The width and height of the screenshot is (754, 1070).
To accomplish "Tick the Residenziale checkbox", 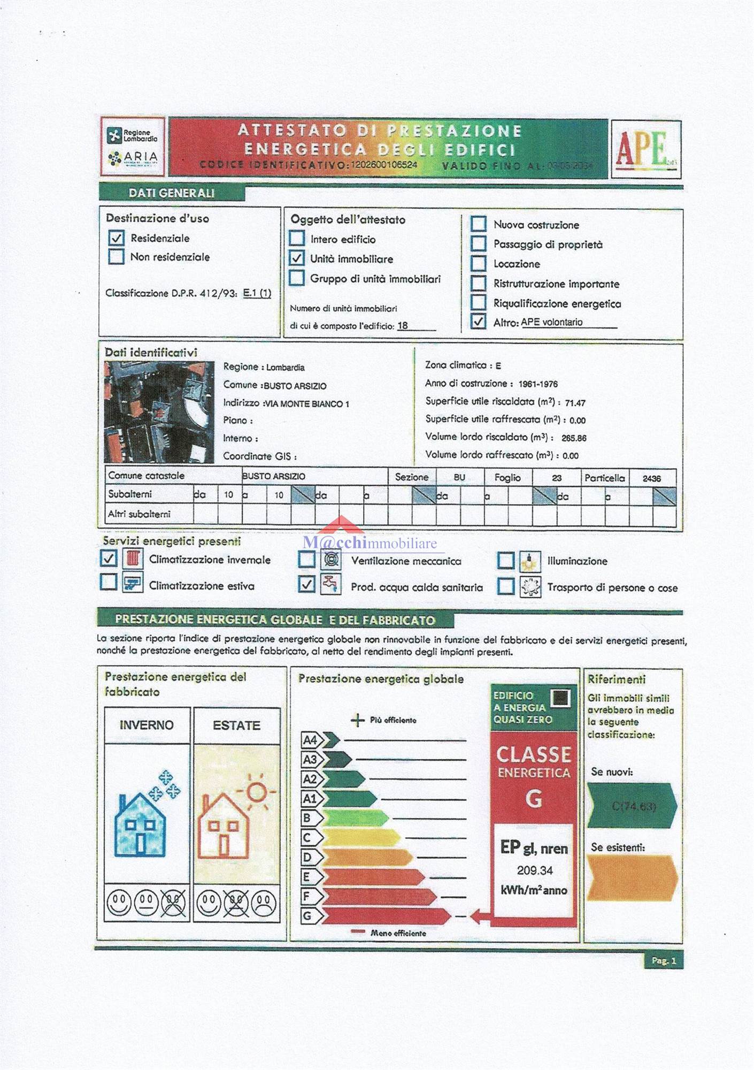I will pyautogui.click(x=116, y=238).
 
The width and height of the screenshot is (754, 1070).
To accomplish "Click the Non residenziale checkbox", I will pyautogui.click(x=116, y=257).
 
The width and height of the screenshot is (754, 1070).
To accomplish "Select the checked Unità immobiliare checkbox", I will pyautogui.click(x=297, y=258).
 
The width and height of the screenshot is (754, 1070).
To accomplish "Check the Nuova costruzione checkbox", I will pyautogui.click(x=478, y=224).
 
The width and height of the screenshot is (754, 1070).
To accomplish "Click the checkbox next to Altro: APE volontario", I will pyautogui.click(x=478, y=322).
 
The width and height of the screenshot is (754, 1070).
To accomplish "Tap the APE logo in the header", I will pyautogui.click(x=645, y=149).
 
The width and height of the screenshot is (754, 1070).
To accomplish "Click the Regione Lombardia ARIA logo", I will pyautogui.click(x=133, y=146).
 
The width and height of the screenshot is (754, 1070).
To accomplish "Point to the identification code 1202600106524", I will pyautogui.click(x=383, y=165).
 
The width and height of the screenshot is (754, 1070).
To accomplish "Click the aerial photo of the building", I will pyautogui.click(x=159, y=412).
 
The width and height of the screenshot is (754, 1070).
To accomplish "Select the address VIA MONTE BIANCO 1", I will pyautogui.click(x=307, y=404).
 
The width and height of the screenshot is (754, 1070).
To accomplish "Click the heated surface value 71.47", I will pyautogui.click(x=575, y=403).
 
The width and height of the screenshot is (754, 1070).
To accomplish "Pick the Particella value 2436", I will pyautogui.click(x=651, y=478).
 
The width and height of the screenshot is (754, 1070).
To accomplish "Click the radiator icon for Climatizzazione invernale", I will pyautogui.click(x=133, y=559).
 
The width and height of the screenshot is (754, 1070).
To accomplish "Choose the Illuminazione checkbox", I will pyautogui.click(x=505, y=561).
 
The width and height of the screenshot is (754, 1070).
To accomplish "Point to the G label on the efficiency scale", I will pyautogui.click(x=307, y=916).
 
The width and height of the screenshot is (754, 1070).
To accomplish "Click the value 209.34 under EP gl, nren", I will pyautogui.click(x=534, y=870).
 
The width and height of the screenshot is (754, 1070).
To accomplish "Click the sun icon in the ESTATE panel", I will pyautogui.click(x=257, y=790).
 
